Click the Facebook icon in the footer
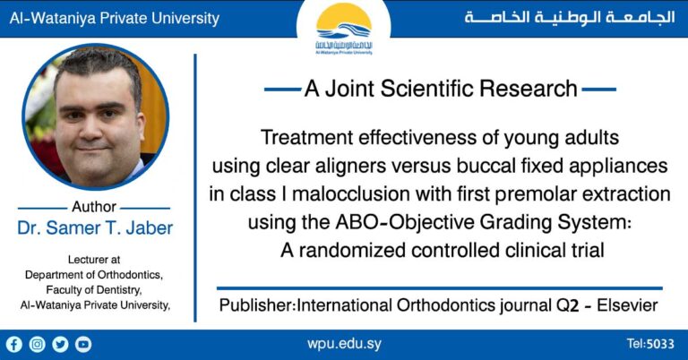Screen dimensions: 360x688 tap(14, 344)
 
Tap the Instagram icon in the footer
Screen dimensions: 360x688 tap(38, 344)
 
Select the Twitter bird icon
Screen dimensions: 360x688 tap(61, 344)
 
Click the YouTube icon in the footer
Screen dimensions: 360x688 tap(83, 344)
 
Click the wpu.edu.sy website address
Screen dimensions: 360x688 tap(343, 344)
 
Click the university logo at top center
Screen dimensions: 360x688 tap(344, 30)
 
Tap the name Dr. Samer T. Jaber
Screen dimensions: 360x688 tap(95, 227)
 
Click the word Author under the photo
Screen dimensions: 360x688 tap(94, 208)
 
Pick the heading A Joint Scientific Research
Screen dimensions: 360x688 tap(440, 89)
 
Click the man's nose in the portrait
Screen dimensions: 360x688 tap(96, 123)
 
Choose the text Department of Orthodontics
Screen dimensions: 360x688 tap(94, 275)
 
